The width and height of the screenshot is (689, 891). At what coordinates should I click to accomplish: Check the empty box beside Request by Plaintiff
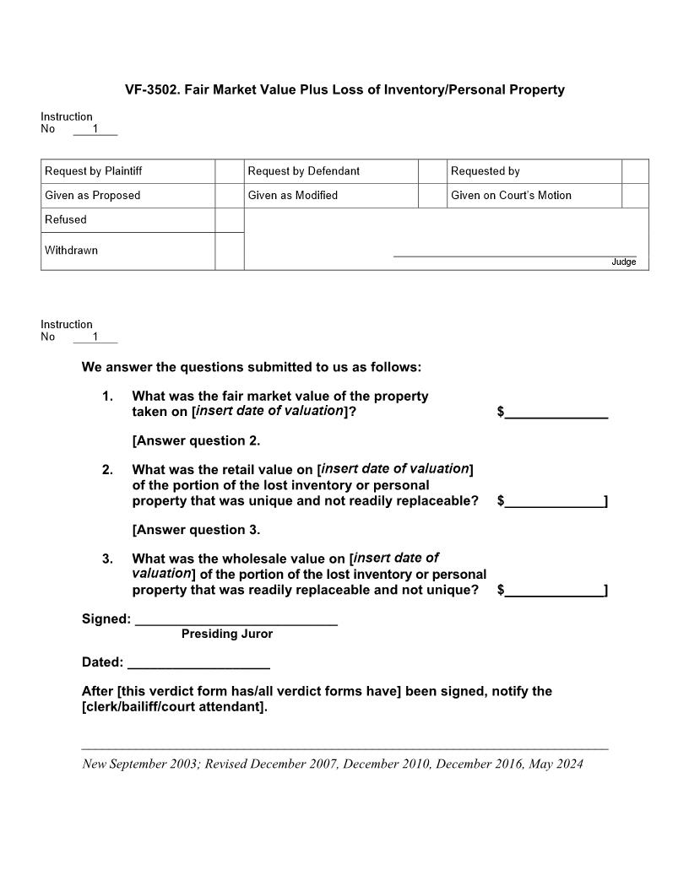click(229, 171)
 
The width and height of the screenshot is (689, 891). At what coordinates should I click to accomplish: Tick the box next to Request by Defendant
click(432, 171)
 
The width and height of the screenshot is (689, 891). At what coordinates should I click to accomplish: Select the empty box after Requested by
click(635, 171)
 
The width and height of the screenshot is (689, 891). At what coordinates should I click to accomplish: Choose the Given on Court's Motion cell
click(511, 195)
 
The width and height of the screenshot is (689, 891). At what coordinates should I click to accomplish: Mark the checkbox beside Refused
click(229, 219)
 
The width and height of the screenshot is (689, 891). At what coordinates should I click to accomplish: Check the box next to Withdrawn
click(229, 251)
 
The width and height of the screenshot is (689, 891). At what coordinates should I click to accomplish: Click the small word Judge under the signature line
click(623, 262)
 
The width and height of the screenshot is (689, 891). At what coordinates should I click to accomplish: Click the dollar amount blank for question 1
click(556, 411)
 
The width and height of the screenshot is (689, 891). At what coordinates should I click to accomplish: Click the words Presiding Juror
click(227, 634)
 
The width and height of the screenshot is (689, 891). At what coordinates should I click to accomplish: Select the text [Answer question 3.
click(196, 530)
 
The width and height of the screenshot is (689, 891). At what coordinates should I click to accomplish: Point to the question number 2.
click(107, 470)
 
